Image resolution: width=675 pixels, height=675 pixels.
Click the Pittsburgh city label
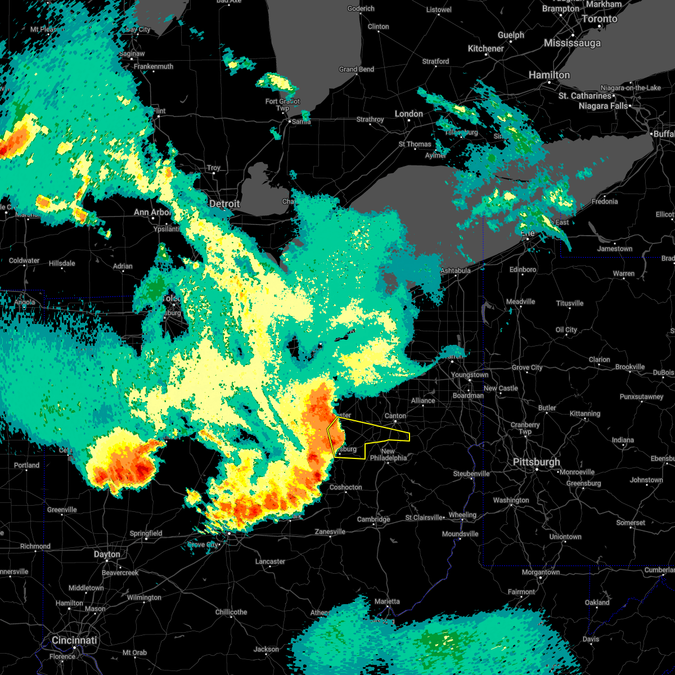coord(536,462)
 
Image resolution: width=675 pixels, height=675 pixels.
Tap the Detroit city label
coord(224,204)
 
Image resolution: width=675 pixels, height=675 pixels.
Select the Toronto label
coord(599,19)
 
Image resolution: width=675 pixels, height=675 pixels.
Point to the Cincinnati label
coord(74,640)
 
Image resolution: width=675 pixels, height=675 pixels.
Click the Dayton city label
coord(107,554)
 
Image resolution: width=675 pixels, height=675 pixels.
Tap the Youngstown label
coord(470,375)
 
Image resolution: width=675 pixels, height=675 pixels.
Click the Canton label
coord(395,416)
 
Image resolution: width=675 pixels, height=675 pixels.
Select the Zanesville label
coord(330,532)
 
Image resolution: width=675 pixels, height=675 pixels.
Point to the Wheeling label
coord(462,515)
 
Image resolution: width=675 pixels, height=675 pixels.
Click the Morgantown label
coord(541,572)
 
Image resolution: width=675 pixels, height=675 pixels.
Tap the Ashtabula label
coord(455,271)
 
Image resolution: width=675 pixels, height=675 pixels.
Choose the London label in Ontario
coord(408,114)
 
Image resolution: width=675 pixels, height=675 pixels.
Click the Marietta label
coord(387,601)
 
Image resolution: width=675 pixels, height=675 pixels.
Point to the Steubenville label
coord(471,474)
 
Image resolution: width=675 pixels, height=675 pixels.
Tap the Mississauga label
coord(572,43)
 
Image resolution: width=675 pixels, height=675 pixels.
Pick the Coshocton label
coord(345,487)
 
